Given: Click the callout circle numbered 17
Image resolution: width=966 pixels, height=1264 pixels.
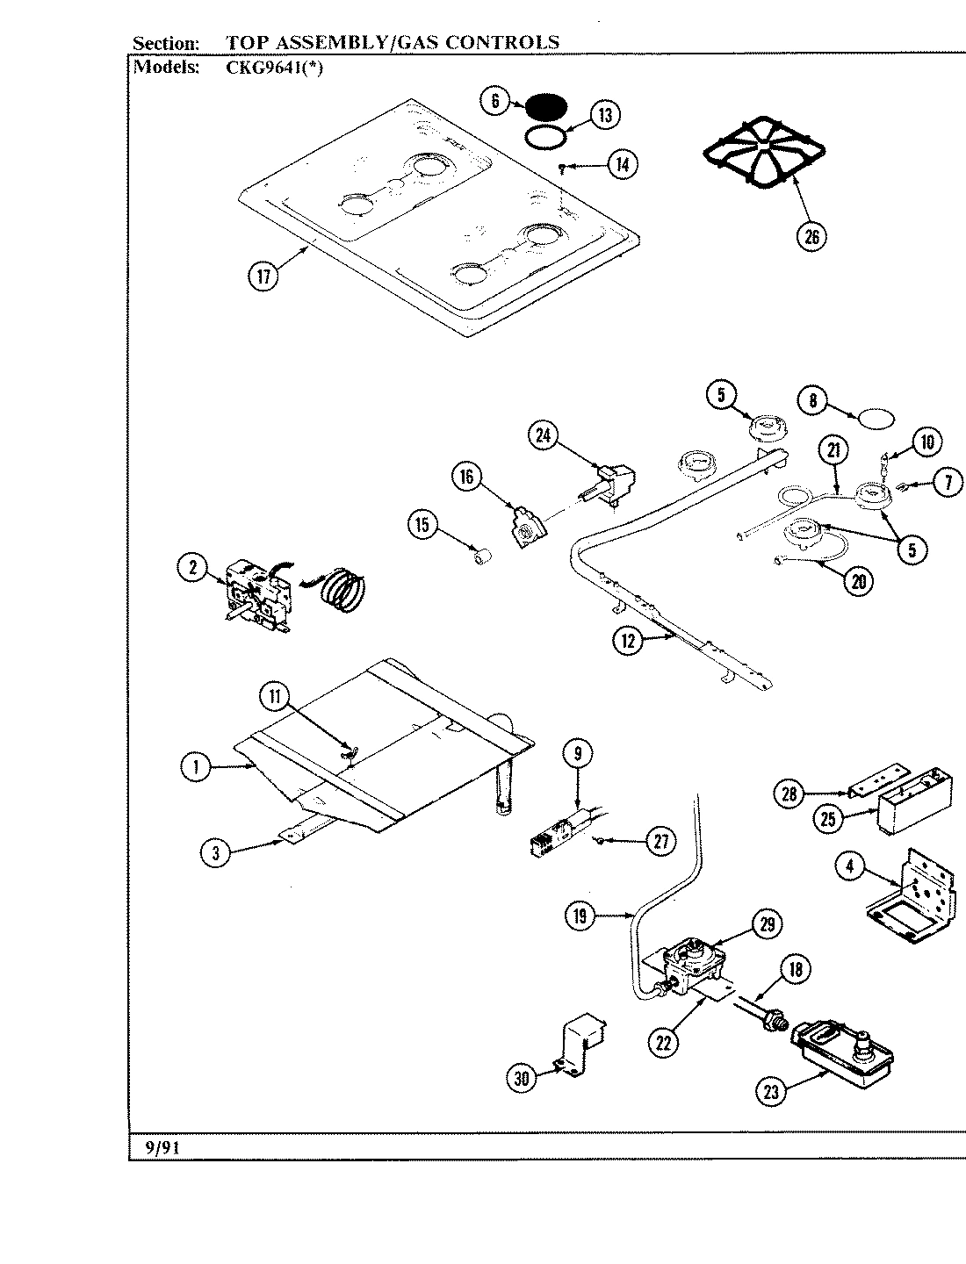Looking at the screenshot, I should [x=262, y=276].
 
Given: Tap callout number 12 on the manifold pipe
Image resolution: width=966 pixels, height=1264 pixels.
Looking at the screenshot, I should [x=627, y=641].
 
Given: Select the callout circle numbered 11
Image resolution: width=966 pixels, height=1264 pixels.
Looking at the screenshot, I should [x=275, y=698].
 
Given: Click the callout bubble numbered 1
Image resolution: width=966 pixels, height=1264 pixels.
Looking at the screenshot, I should [x=196, y=768].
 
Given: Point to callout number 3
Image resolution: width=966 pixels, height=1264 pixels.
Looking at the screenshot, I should [x=216, y=852].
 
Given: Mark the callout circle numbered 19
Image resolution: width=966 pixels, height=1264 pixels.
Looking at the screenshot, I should [x=580, y=917].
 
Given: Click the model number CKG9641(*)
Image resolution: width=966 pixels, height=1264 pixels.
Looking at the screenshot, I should [x=275, y=67].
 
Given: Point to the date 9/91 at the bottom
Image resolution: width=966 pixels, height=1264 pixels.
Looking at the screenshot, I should [x=162, y=1147].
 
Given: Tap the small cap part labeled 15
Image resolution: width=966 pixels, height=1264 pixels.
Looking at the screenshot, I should [x=480, y=556].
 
